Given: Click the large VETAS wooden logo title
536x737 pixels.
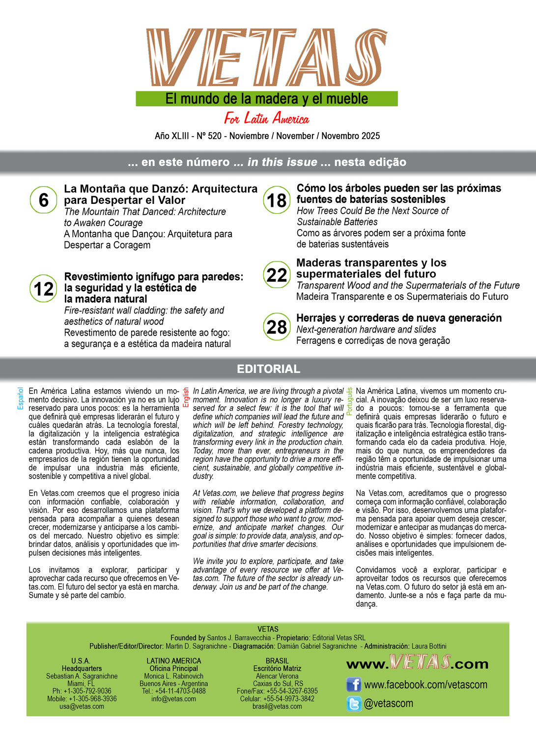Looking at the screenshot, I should pyautogui.click(x=267, y=58).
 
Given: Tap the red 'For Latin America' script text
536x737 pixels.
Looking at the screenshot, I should pyautogui.click(x=267, y=118).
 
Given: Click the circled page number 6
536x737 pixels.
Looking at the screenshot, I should pyautogui.click(x=43, y=200).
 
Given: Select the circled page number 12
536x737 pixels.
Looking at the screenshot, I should pyautogui.click(x=43, y=288).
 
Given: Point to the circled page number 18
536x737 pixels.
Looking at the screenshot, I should pyautogui.click(x=277, y=200).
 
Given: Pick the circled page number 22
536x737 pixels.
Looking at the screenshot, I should pyautogui.click(x=277, y=275).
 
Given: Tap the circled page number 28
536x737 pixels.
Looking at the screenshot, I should pyautogui.click(x=277, y=327).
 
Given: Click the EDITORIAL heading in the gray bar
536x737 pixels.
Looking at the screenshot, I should pyautogui.click(x=268, y=369).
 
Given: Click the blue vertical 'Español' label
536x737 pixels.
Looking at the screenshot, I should pyautogui.click(x=21, y=398).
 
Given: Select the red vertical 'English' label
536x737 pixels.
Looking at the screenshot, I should pyautogui.click(x=186, y=397).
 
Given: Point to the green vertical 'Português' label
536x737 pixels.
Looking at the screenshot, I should pyautogui.click(x=349, y=401).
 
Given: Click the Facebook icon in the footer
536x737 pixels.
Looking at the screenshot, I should pyautogui.click(x=354, y=684).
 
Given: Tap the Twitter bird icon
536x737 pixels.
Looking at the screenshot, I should pyautogui.click(x=354, y=704).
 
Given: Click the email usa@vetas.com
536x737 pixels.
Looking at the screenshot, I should pyautogui.click(x=82, y=707).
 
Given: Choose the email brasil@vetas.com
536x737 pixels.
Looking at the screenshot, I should pyautogui.click(x=277, y=707).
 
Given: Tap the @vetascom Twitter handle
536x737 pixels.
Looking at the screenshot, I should pyautogui.click(x=389, y=704).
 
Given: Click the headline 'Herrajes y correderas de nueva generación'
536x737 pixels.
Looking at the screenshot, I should pyautogui.click(x=399, y=318).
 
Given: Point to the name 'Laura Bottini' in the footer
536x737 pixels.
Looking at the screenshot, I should pyautogui.click(x=429, y=646).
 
